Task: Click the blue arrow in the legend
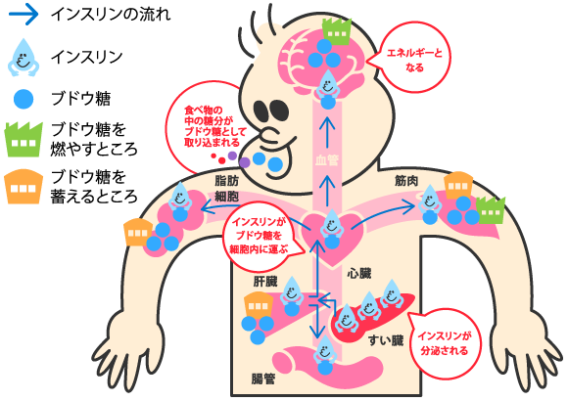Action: (24, 14)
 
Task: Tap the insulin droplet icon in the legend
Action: (24, 58)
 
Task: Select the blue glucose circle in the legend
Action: (24, 99)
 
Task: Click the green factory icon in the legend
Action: (24, 139)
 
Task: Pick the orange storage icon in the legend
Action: (24, 187)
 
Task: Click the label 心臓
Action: (359, 273)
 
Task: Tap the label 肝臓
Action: (265, 282)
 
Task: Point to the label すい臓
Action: (386, 340)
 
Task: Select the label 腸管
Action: (263, 379)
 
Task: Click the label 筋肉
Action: (406, 181)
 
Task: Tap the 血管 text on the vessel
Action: (327, 160)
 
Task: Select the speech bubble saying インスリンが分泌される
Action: (444, 342)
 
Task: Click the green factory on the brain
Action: (337, 31)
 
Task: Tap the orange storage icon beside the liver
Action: (259, 306)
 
